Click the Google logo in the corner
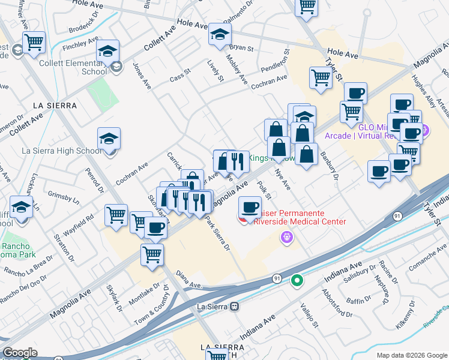[20, 353]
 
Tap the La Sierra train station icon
[235, 306]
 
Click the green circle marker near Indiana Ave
[297, 280]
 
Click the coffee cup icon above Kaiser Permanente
[250, 208]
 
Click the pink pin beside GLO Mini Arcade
[425, 130]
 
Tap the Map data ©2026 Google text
[411, 355]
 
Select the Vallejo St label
[309, 315]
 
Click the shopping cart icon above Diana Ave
[152, 254]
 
